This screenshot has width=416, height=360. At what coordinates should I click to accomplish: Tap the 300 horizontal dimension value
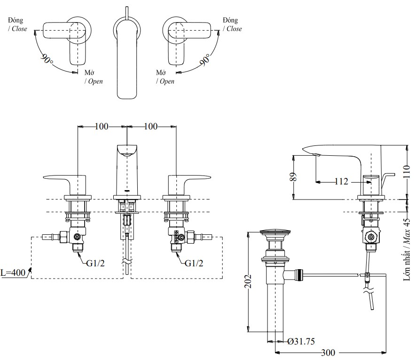pyautogui.click(x=329, y=352)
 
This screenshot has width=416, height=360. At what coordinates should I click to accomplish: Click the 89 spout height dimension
pyautogui.click(x=293, y=177)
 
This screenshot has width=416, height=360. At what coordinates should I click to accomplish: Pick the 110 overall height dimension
pyautogui.click(x=407, y=172)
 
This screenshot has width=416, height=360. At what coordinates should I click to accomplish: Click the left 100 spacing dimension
pyautogui.click(x=102, y=126)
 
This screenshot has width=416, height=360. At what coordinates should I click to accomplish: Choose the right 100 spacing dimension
pyautogui.click(x=151, y=126)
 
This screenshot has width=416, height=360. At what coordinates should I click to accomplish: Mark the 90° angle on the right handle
pyautogui.click(x=205, y=60)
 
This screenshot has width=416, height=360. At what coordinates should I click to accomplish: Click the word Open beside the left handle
pyautogui.click(x=94, y=81)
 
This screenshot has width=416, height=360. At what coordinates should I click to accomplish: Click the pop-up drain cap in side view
pyautogui.click(x=274, y=232)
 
